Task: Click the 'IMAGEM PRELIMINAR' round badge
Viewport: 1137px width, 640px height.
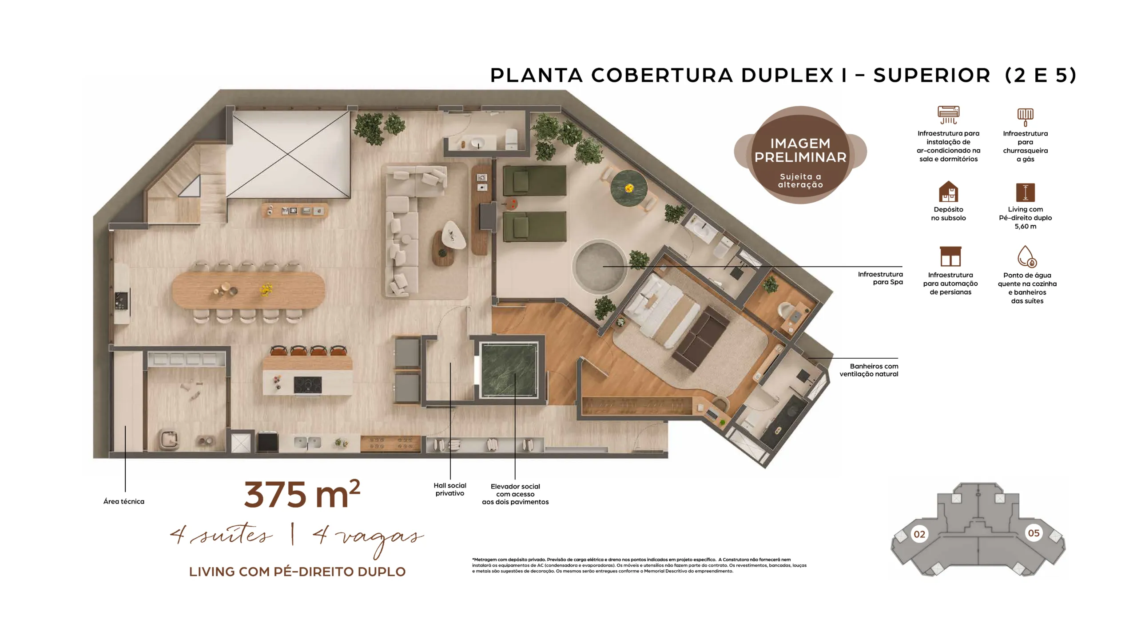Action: pos(800,155)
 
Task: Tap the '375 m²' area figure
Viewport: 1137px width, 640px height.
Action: pos(302,494)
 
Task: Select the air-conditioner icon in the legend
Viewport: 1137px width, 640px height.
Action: pos(948,115)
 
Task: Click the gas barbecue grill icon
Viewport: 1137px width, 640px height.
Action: pos(1025,116)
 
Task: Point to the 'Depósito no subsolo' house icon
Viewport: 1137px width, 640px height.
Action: pos(948,192)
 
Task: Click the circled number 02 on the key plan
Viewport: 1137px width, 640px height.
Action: pos(919,534)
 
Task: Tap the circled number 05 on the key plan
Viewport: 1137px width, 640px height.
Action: pos(1034,533)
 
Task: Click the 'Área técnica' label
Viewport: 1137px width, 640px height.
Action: pos(124,501)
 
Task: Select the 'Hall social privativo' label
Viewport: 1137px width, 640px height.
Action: pos(450,489)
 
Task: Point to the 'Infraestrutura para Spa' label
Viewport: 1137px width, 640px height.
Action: pos(880,278)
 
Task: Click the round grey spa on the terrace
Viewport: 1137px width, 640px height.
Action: pos(599,267)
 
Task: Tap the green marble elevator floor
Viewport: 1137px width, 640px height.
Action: pos(509,370)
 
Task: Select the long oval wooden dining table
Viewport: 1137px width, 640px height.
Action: pos(248,290)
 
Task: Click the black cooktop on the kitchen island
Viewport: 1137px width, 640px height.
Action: pos(308,385)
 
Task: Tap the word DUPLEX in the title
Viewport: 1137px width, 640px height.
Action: pos(787,76)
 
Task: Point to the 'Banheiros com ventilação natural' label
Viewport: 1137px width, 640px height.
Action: pos(869,370)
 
